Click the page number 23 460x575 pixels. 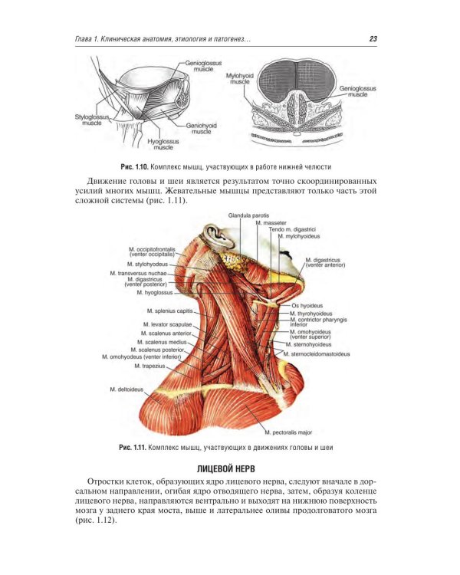pyautogui.click(x=373, y=39)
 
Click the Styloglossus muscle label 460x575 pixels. pyautogui.click(x=92, y=120)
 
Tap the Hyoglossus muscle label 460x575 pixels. pyautogui.click(x=163, y=144)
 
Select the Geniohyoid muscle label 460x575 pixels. pyautogui.click(x=202, y=128)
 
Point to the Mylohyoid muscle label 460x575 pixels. pyautogui.click(x=240, y=78)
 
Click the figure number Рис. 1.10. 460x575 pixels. pyautogui.click(x=134, y=167)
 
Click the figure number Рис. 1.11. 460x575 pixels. pyautogui.click(x=133, y=448)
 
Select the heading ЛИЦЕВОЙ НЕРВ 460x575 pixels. pyautogui.click(x=226, y=469)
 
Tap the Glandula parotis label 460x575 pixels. pyautogui.click(x=248, y=215)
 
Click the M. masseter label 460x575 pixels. pyautogui.click(x=271, y=223)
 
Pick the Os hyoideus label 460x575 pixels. pyautogui.click(x=307, y=305)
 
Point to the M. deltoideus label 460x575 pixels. pyautogui.click(x=127, y=389)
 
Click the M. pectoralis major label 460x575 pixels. pyautogui.click(x=288, y=432)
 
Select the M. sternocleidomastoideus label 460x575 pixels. pyautogui.click(x=317, y=354)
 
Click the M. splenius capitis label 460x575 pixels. pyautogui.click(x=170, y=311)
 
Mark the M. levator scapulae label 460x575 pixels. pyautogui.click(x=168, y=324)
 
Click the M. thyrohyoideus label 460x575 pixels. pyautogui.click(x=311, y=314)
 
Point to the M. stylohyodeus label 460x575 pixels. pyautogui.click(x=147, y=264)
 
